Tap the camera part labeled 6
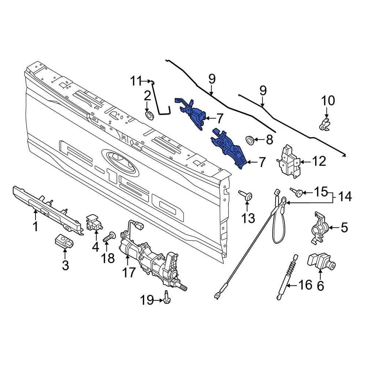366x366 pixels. pyautogui.click(x=319, y=262)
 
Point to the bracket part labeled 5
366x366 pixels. pyautogui.click(x=318, y=227)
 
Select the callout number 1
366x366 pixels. pyautogui.click(x=36, y=227)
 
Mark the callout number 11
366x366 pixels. pyautogui.click(x=136, y=81)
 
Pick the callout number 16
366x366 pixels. pyautogui.click(x=305, y=284)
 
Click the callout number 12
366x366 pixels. pyautogui.click(x=319, y=161)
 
